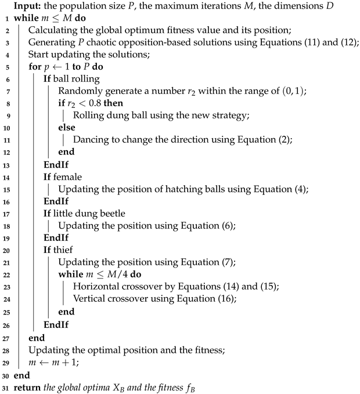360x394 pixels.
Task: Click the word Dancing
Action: (92, 139)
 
